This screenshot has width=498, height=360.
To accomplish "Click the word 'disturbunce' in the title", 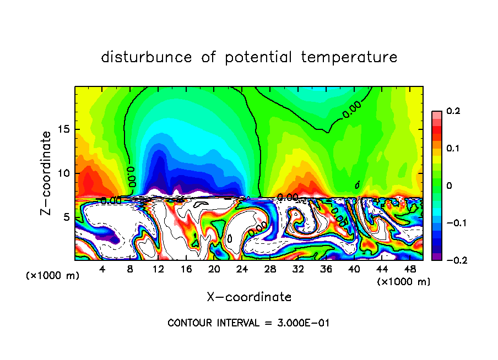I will (x=147, y=57).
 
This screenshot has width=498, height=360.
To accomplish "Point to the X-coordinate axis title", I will (x=249, y=297).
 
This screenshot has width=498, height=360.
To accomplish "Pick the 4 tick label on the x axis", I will (x=102, y=269).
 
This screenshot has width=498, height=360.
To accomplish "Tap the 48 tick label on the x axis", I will (x=410, y=269).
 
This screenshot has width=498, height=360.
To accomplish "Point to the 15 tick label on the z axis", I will (x=64, y=130).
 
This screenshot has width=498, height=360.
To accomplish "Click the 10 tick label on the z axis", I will (x=64, y=173).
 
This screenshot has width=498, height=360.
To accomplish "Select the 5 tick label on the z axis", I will (x=67, y=217).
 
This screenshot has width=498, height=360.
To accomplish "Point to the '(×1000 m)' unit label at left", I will (x=53, y=276).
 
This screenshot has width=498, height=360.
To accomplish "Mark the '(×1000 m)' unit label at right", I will (x=404, y=282).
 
